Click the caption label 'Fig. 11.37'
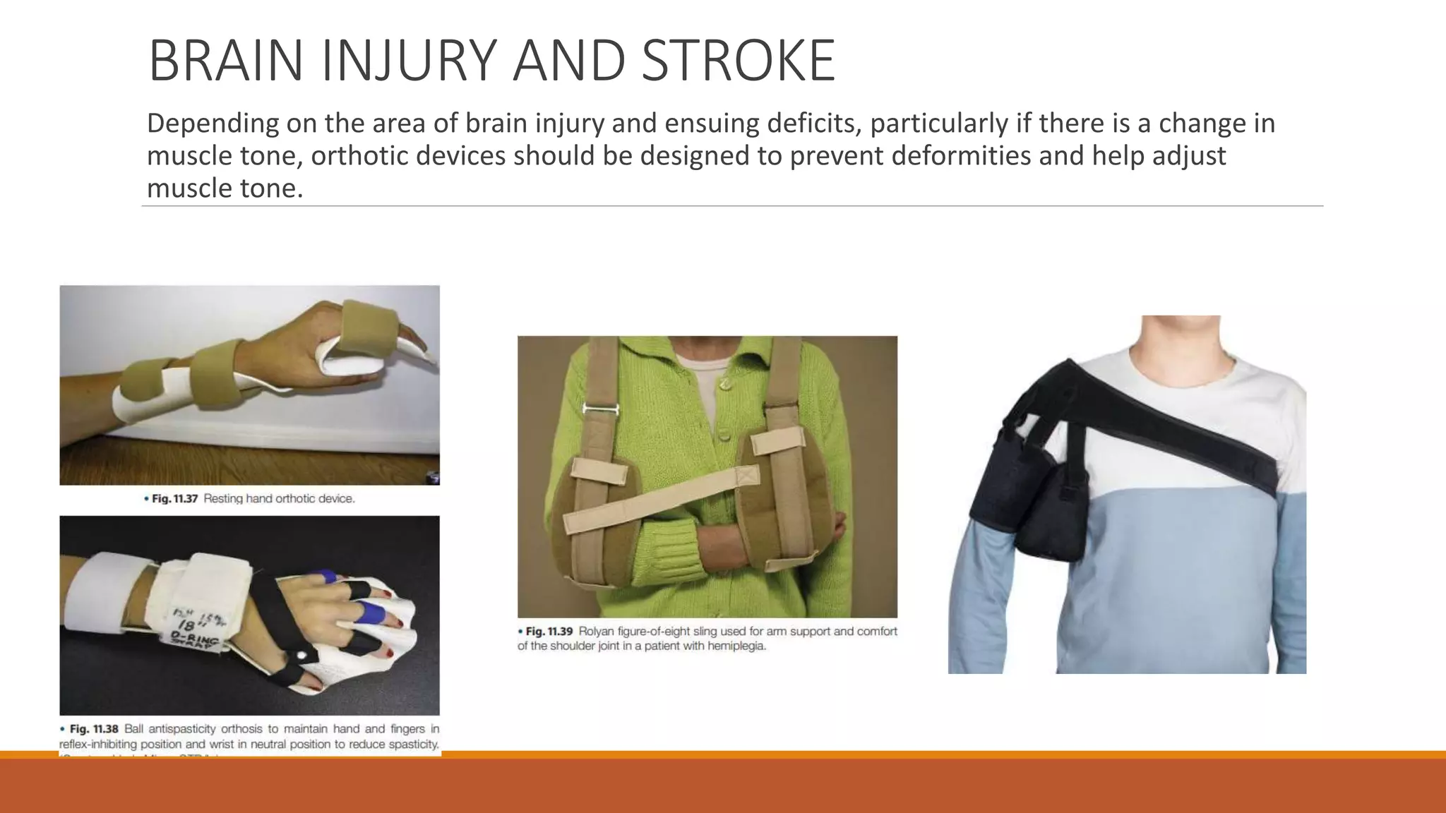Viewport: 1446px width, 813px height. tap(174, 499)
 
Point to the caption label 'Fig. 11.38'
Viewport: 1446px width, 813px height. tap(94, 729)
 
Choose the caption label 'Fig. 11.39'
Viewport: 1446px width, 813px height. tap(549, 632)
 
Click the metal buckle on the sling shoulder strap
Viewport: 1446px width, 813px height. tap(600, 409)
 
